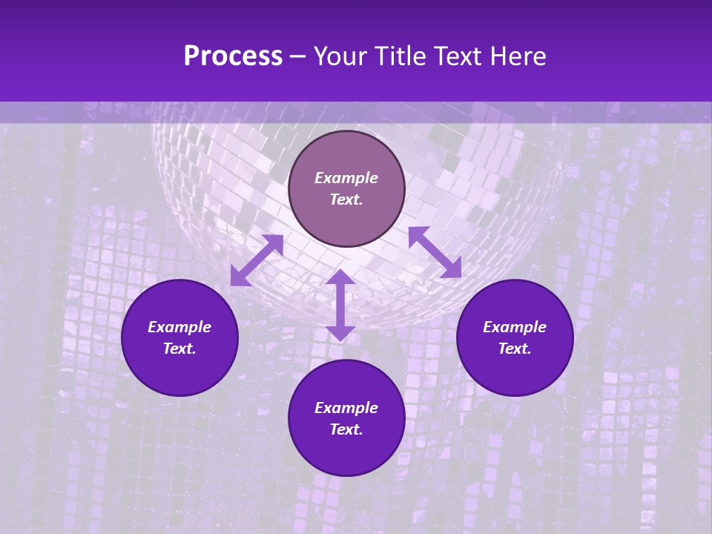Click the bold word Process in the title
[x=233, y=56]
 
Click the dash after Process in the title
[x=298, y=58]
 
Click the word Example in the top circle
[x=346, y=178]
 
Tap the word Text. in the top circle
[x=346, y=200]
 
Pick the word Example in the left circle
[x=179, y=327]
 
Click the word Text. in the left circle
[x=179, y=349]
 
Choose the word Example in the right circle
[x=515, y=327]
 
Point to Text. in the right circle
[x=515, y=349]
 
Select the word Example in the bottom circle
[x=346, y=408]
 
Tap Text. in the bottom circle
[x=346, y=429]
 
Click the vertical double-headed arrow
[x=340, y=306]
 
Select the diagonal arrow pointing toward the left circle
[x=257, y=260]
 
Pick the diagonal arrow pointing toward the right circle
[x=435, y=252]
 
